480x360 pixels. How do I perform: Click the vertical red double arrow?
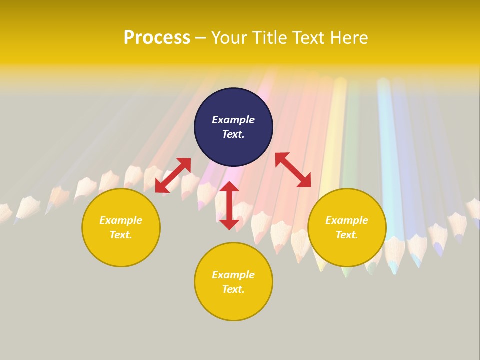(x=229, y=205)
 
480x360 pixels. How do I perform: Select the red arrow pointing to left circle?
(x=173, y=175)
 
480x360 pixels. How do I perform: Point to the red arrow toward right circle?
(x=293, y=170)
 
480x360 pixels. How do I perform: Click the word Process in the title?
(x=157, y=38)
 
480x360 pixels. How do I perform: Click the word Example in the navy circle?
(x=233, y=120)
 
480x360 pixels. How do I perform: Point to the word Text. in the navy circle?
(x=233, y=134)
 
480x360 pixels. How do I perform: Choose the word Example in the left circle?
(x=121, y=220)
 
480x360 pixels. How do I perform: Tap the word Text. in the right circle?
(x=347, y=235)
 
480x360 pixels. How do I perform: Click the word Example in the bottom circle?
(x=233, y=275)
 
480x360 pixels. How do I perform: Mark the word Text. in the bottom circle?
(x=233, y=289)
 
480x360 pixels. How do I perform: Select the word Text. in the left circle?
(x=121, y=235)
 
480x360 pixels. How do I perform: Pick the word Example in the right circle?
(x=347, y=220)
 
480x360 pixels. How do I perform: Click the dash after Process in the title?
(x=201, y=38)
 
